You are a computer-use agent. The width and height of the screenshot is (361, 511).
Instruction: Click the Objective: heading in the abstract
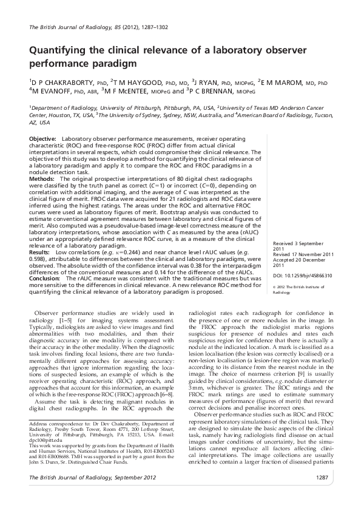coord(43,139)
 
